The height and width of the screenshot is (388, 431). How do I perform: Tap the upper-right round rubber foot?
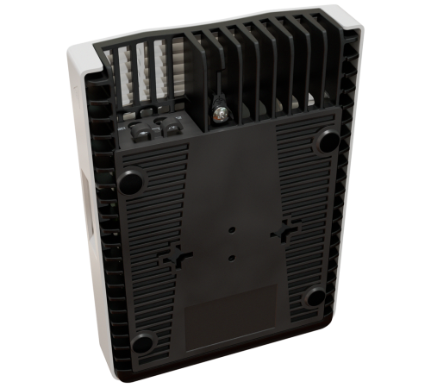click(x=328, y=140)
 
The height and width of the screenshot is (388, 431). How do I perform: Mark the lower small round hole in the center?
click(x=231, y=257)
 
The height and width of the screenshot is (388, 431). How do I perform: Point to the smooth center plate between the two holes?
click(x=231, y=244)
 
